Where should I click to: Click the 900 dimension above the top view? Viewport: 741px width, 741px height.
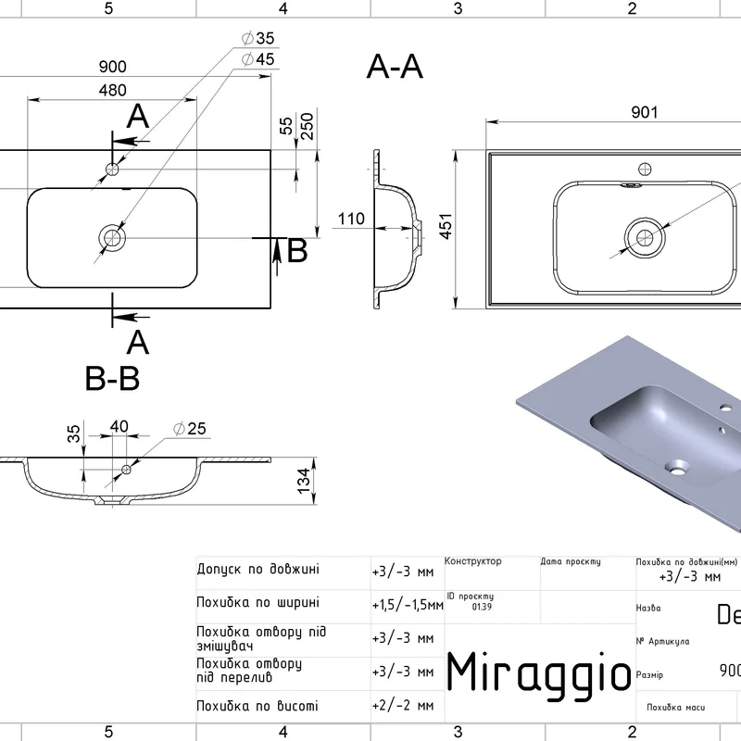[112, 68]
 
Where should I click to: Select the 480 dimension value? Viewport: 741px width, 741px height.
[112, 90]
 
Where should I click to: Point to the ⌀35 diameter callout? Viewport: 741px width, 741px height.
[258, 39]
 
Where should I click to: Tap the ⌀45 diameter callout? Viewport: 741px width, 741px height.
[258, 59]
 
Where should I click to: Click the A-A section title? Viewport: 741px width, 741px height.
[396, 67]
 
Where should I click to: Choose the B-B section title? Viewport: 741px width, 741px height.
[112, 378]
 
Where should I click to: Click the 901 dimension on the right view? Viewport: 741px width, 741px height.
[645, 112]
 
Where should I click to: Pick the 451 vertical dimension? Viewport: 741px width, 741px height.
[445, 228]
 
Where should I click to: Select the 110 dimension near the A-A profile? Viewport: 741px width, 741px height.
[350, 220]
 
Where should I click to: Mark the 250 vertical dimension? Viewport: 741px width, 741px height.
[307, 127]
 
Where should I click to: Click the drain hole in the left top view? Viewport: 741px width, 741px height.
[113, 238]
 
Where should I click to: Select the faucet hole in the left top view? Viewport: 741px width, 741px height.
[112, 169]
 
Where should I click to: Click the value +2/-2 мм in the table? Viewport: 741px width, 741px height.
[403, 705]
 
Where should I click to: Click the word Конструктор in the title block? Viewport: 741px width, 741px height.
[473, 561]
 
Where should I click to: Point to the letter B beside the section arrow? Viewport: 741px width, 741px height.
[296, 251]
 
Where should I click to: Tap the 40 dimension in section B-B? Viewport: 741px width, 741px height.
[119, 426]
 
